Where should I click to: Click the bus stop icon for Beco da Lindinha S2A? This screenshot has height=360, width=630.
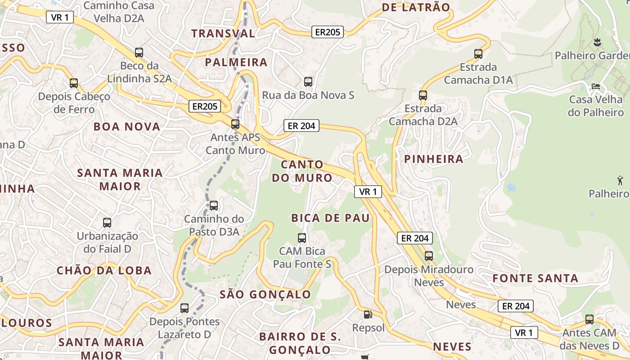139,52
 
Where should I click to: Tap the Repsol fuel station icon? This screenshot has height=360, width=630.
368,315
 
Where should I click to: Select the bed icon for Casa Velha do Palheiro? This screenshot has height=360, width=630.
596,86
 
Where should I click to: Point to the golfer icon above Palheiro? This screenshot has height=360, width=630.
620,180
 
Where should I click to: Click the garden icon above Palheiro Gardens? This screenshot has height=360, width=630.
597,43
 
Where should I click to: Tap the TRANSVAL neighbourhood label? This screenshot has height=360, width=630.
223,33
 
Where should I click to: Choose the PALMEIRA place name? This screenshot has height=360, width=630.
236,62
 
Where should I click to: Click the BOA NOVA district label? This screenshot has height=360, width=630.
127,126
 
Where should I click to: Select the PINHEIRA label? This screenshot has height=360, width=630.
433,159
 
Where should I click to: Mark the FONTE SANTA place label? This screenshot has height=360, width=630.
535,278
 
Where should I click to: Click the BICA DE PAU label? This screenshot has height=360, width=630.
330,218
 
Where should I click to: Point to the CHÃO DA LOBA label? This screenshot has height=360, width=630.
104,270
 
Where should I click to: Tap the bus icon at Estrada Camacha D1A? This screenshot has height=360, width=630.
478,54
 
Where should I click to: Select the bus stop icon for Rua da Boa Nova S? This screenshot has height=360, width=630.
308,82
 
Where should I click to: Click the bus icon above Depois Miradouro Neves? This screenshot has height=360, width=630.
429,256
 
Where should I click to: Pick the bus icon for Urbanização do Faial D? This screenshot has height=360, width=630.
107,222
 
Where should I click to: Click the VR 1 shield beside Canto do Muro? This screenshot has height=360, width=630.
368,192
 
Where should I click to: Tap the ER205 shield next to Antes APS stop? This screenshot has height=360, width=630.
205,107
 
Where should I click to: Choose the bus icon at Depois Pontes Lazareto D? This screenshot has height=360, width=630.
184,308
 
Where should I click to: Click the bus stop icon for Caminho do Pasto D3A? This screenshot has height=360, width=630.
214,206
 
